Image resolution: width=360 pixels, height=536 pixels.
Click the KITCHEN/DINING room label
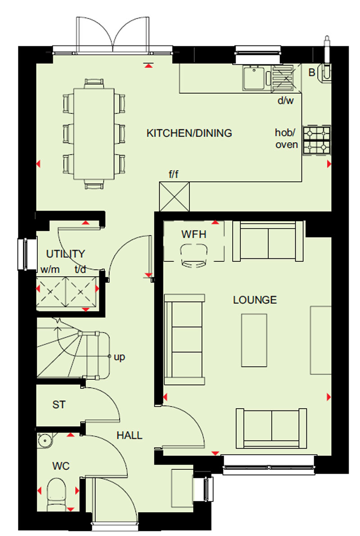point(189,133)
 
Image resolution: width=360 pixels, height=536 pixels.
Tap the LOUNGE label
point(255,300)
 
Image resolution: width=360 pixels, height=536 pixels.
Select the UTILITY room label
point(65,254)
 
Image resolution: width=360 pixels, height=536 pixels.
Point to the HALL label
point(129,435)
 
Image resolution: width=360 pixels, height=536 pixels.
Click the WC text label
point(61,466)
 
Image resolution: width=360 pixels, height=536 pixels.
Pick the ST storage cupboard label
point(59,405)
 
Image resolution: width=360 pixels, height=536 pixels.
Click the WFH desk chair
point(194,255)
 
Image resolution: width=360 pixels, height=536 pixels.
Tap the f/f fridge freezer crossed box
point(174,197)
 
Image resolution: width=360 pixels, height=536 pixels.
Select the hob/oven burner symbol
point(317,140)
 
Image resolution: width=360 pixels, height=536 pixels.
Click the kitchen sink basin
point(254,77)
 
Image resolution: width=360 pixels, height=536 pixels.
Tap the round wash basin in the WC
point(45,440)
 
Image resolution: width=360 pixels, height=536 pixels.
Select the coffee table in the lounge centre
point(254,341)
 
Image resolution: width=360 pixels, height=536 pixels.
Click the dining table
point(94,134)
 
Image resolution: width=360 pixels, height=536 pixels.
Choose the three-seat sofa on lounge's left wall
point(184,339)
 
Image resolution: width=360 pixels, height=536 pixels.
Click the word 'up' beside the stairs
point(119,357)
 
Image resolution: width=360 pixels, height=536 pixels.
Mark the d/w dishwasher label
point(285,100)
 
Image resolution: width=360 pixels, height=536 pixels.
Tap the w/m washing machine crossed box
point(51,292)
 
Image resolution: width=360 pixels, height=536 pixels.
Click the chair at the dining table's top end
point(94,83)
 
